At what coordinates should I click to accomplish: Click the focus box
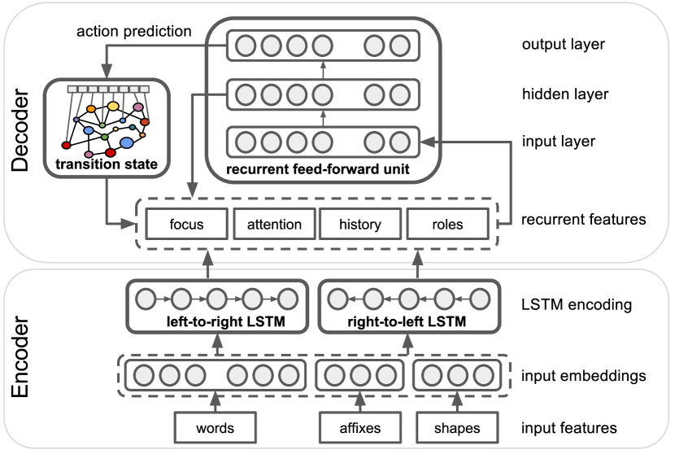point(186,224)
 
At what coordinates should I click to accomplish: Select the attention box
point(274,224)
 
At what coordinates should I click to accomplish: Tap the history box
point(360,224)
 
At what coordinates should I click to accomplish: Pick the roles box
point(448,224)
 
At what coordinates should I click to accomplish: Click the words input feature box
point(216,427)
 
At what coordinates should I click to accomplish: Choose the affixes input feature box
point(360,427)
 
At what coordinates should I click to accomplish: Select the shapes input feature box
point(457,427)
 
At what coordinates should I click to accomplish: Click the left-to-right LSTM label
point(226,321)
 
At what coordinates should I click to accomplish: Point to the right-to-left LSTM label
point(407,321)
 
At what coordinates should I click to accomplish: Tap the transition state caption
point(107,164)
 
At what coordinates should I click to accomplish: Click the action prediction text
point(134,32)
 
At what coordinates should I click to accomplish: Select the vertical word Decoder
point(20,130)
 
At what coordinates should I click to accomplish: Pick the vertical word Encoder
point(20,357)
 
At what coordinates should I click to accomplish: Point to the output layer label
point(564,44)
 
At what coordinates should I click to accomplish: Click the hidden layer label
point(565,94)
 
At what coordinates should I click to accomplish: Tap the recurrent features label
point(584,219)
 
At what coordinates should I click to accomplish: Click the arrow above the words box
point(216,402)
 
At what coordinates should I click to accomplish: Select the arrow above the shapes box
point(457,402)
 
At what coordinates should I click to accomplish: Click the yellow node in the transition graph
point(113,106)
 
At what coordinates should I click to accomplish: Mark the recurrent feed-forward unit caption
point(318,169)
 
